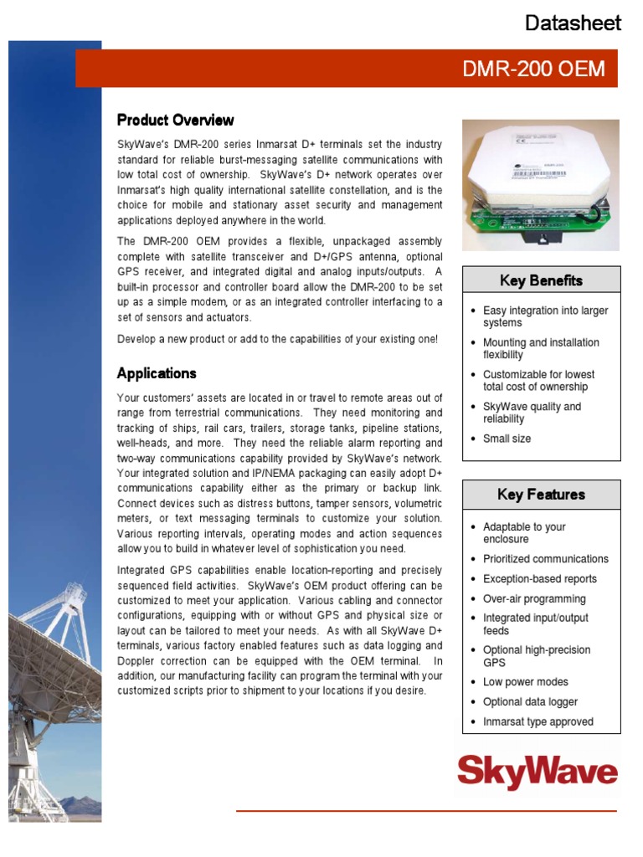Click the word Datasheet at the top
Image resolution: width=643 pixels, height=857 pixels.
click(x=573, y=23)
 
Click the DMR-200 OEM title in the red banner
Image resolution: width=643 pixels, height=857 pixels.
click(x=533, y=69)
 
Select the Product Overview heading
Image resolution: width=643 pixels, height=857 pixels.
click(x=175, y=120)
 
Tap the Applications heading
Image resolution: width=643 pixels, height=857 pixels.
click(x=157, y=373)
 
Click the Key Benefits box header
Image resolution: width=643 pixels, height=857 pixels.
click(x=541, y=280)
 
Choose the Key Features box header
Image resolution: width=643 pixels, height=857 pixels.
click(x=541, y=495)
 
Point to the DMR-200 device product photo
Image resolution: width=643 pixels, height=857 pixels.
click(x=541, y=184)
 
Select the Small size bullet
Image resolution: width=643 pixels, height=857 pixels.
click(x=507, y=439)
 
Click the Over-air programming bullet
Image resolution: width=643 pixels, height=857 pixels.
click(x=534, y=599)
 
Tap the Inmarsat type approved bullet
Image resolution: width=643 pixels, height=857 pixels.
click(x=538, y=722)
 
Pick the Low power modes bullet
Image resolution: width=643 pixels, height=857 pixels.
click(x=525, y=682)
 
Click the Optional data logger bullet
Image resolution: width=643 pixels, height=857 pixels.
click(x=530, y=702)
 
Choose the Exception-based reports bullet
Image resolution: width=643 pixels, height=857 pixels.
click(x=539, y=579)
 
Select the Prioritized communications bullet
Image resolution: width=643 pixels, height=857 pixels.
click(x=545, y=559)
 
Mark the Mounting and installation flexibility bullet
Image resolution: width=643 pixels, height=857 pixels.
click(x=540, y=348)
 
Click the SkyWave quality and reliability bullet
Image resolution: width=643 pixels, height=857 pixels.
click(x=532, y=413)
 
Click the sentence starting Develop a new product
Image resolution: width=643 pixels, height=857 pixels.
click(x=277, y=339)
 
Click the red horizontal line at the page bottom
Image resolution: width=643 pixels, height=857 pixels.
click(x=426, y=811)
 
